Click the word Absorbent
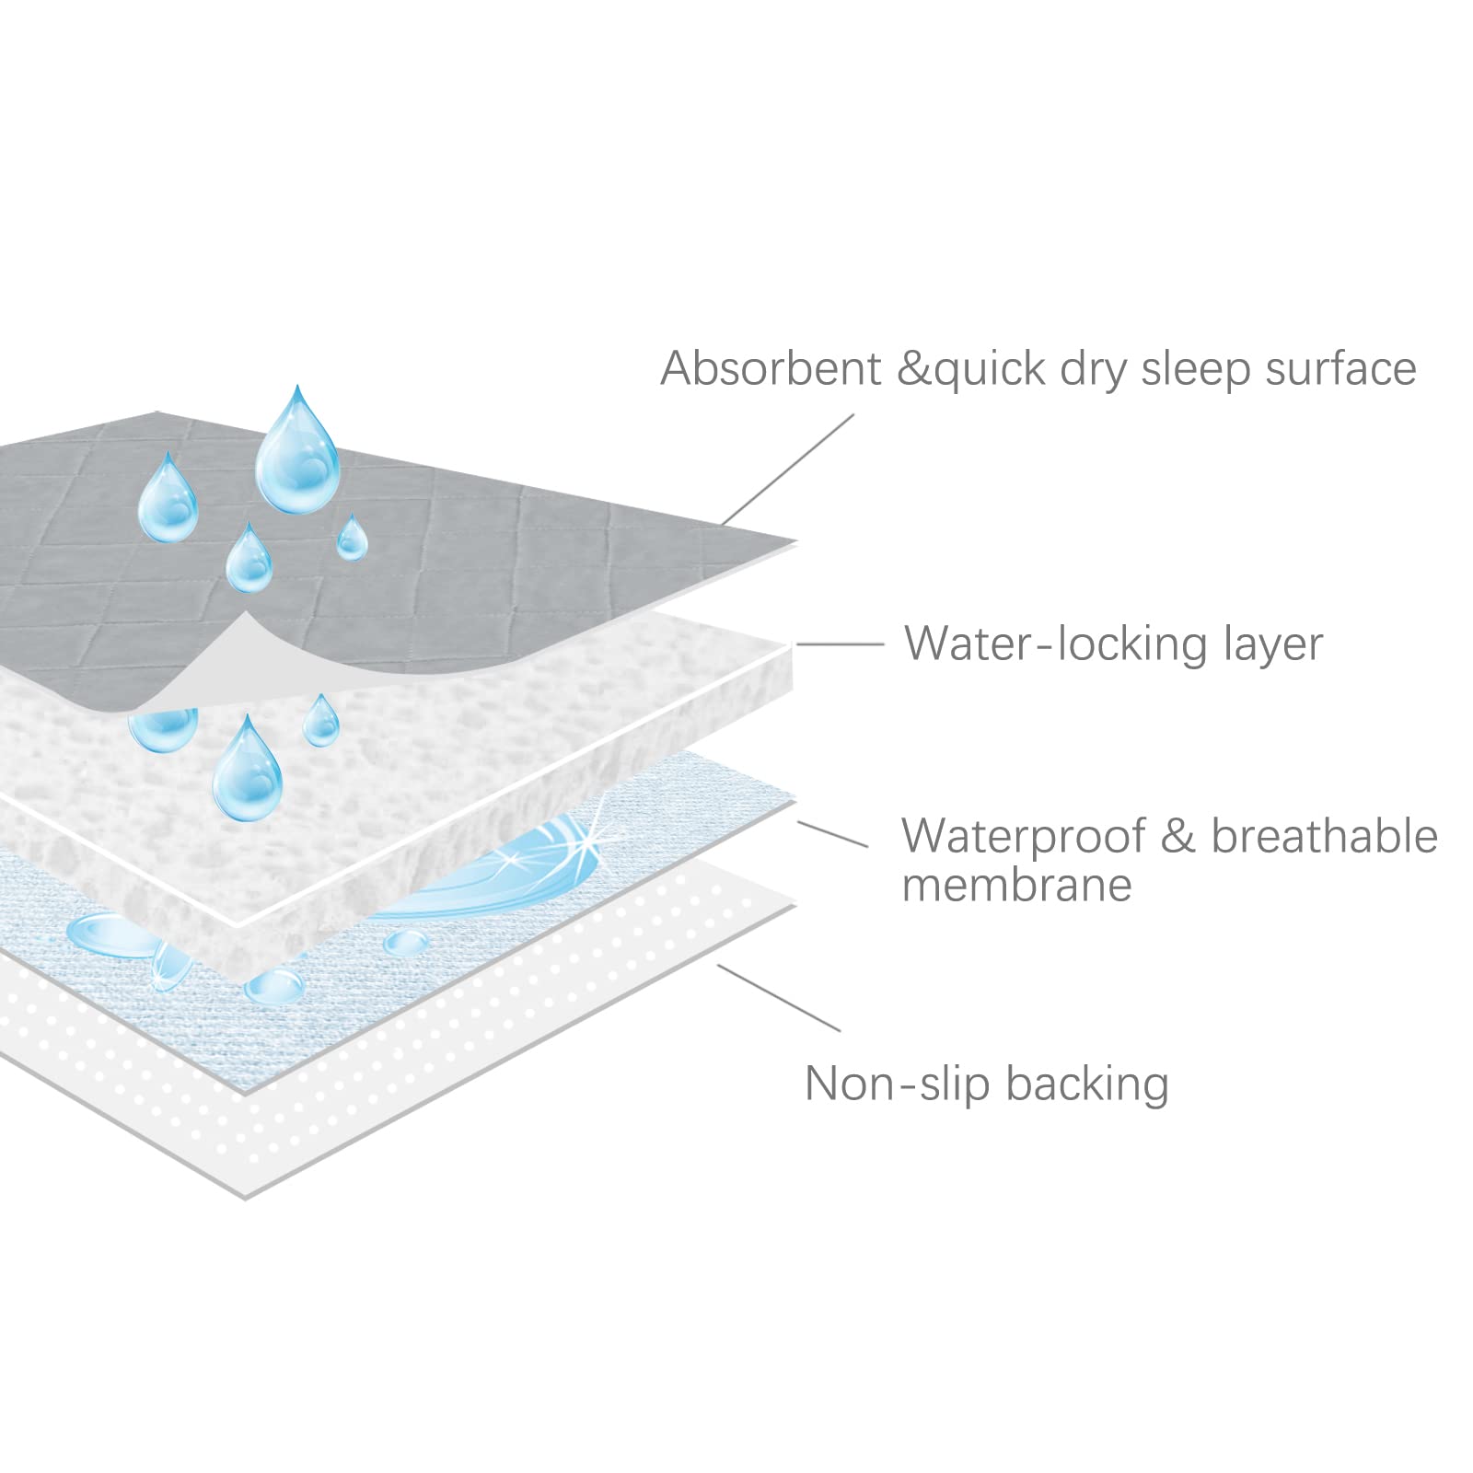pyautogui.click(x=771, y=368)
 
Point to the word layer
pyautogui.click(x=1272, y=644)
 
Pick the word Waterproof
pyautogui.click(x=1023, y=836)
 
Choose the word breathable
pyautogui.click(x=1324, y=836)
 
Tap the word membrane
pyautogui.click(x=1016, y=885)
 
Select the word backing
pyautogui.click(x=1087, y=1084)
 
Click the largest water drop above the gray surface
pyautogui.click(x=297, y=453)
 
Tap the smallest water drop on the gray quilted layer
pyautogui.click(x=352, y=538)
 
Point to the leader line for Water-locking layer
pyautogui.click(x=840, y=644)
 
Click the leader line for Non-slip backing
pyautogui.click(x=779, y=998)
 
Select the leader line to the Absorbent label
pyautogui.click(x=788, y=470)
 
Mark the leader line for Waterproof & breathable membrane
pyautogui.click(x=832, y=834)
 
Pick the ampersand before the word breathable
pyautogui.click(x=1177, y=836)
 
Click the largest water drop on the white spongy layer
pyautogui.click(x=247, y=770)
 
